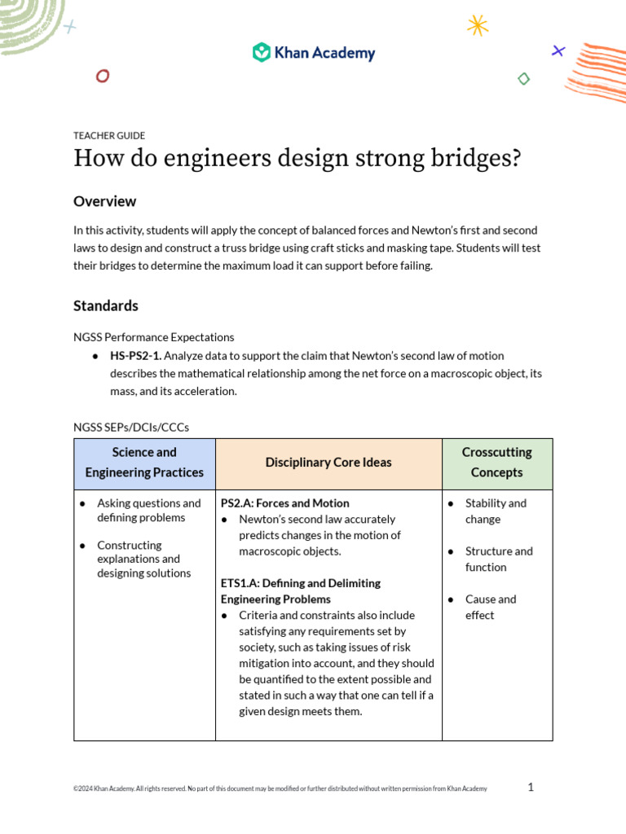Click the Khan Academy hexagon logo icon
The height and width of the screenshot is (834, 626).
pos(261,53)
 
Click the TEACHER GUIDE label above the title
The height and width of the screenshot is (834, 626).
pos(109,136)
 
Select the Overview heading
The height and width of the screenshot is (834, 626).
pos(105,201)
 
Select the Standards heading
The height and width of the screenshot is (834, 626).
pos(106,305)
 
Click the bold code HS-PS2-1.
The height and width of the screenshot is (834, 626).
pos(135,356)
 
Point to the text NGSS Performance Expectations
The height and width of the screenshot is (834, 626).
pos(153,336)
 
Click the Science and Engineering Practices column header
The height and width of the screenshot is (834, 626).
pos(144,463)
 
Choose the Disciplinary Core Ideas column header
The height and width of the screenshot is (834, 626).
pos(328,463)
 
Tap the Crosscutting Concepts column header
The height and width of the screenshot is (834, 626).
pos(496,463)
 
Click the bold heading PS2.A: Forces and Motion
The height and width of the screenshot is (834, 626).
pos(284,503)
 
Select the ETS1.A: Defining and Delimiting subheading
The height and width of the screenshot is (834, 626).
pos(300,583)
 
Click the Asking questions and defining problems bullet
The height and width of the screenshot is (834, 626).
pos(148,511)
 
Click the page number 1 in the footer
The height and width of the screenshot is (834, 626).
pos(531,787)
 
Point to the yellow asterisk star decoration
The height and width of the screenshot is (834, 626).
pos(478,25)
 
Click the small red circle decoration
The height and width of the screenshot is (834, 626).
pos(103,77)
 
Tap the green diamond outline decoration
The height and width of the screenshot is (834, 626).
pos(524,79)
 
